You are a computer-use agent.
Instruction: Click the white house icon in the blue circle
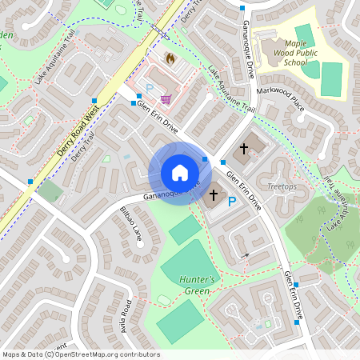pos(180,172)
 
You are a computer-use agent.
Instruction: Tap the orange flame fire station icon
pos(170,58)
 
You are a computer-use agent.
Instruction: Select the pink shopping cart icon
pos(166,98)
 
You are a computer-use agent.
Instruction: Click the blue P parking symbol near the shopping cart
pos(149,86)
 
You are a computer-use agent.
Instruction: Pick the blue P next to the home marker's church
pos(232,202)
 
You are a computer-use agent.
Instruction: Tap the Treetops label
pos(281,186)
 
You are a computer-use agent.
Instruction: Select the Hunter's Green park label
pos(197,285)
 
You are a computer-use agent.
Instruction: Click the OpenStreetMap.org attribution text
pos(110,354)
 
